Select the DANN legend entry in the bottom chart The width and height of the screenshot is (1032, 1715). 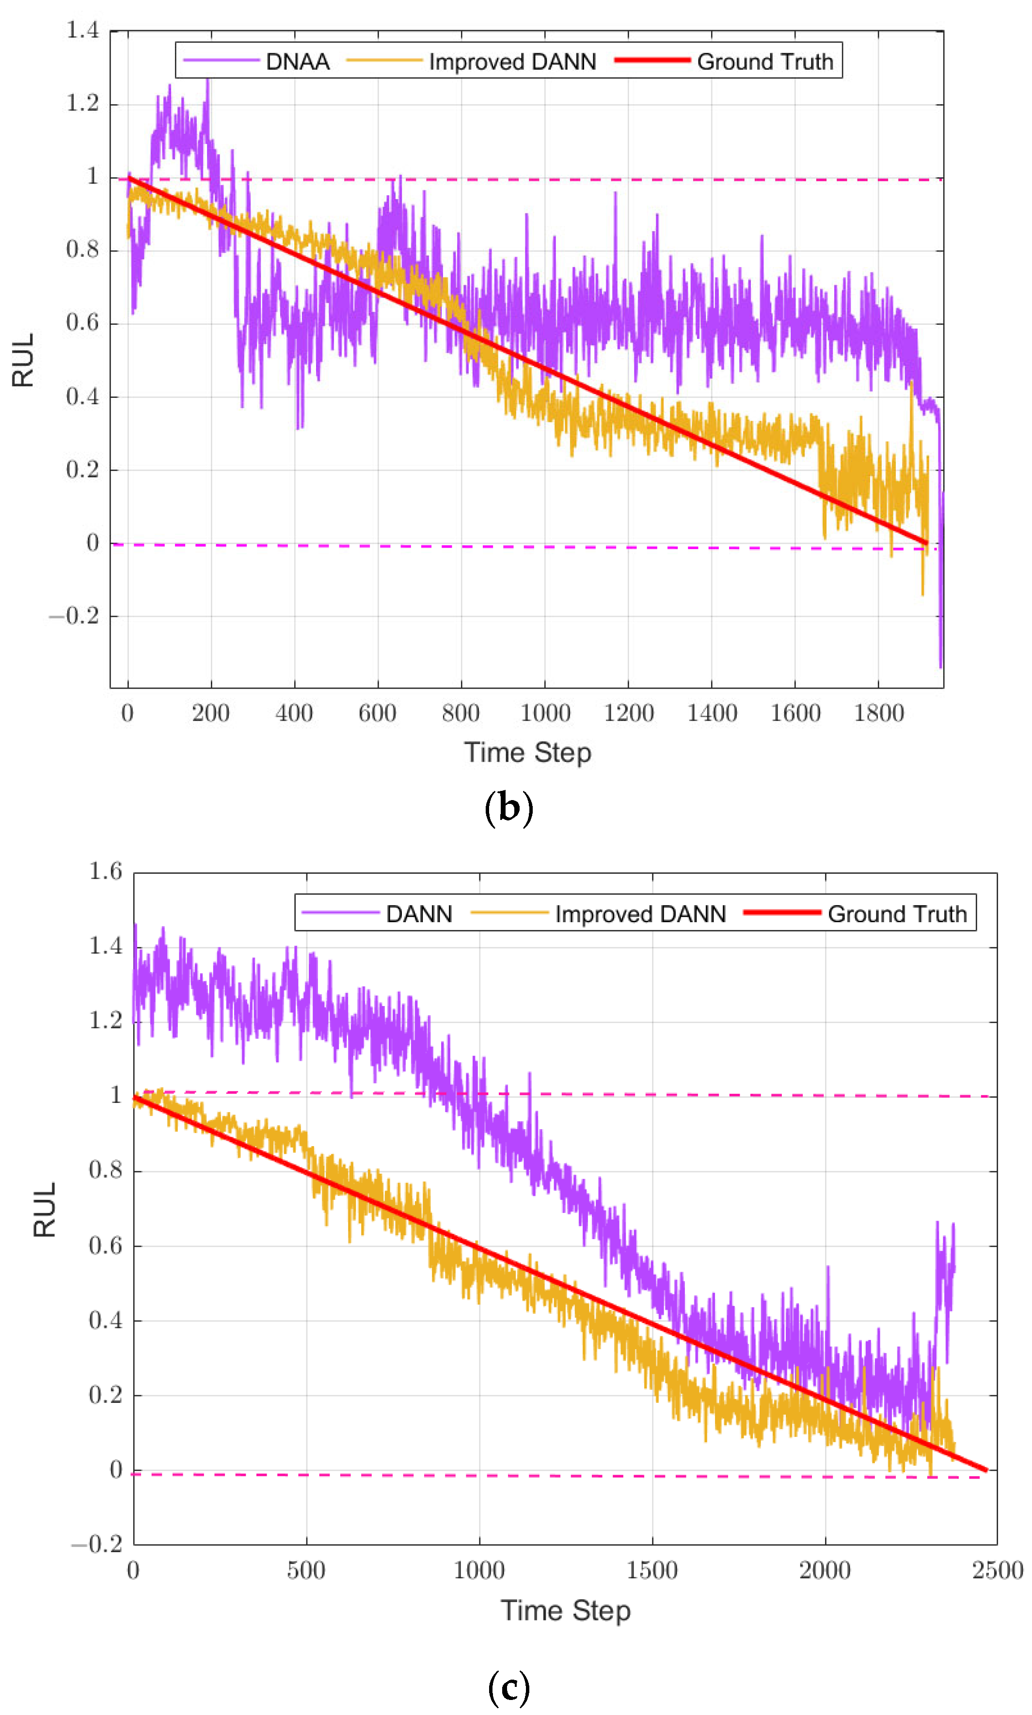coord(419,913)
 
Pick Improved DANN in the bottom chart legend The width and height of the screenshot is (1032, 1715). coord(640,913)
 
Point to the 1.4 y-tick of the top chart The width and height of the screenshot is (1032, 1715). coord(82,31)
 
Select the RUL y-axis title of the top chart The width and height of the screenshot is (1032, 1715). coord(23,360)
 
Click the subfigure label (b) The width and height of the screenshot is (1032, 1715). coord(509,808)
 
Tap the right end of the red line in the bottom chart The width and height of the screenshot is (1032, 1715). coord(985,1470)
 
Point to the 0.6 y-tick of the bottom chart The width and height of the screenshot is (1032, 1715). coord(105,1246)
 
